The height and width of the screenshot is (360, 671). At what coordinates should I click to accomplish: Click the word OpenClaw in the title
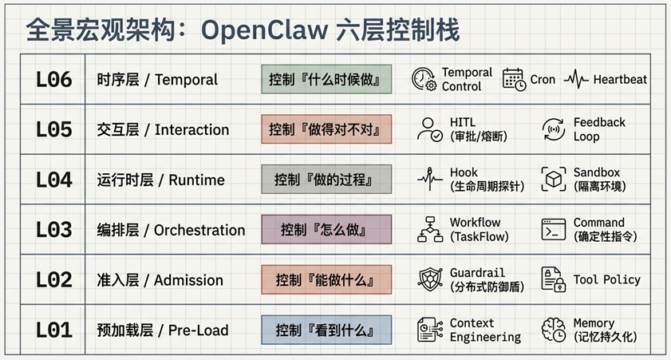[264, 31]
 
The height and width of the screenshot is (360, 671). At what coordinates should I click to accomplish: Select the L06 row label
[54, 80]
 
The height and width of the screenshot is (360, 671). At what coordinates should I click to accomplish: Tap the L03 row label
[54, 230]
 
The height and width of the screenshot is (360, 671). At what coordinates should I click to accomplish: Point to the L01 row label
[54, 330]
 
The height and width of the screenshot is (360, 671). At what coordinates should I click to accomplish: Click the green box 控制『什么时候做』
[326, 79]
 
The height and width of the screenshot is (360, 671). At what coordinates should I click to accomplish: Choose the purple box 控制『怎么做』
[326, 229]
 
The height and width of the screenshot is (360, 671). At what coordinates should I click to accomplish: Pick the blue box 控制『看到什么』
[326, 330]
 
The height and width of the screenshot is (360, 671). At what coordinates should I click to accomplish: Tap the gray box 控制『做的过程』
[326, 180]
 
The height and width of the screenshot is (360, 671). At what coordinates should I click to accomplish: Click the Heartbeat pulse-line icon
[576, 80]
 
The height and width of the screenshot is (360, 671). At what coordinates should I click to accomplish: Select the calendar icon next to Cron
[514, 80]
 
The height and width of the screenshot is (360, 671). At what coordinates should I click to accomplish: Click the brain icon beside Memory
[554, 330]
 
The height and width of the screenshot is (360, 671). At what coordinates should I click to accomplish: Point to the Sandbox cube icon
[554, 180]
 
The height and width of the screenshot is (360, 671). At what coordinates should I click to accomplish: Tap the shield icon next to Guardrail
[430, 279]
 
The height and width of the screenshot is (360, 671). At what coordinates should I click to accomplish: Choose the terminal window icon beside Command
[554, 229]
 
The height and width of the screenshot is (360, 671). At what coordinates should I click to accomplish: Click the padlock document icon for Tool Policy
[554, 279]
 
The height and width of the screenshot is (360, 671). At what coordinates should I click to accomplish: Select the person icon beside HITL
[429, 129]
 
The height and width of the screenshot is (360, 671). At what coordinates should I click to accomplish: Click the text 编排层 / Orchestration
[171, 230]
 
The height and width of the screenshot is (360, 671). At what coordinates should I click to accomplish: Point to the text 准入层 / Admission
[160, 280]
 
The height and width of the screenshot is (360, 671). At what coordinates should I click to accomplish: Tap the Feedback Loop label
[599, 129]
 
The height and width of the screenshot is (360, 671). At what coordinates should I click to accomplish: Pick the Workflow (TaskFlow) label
[480, 229]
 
